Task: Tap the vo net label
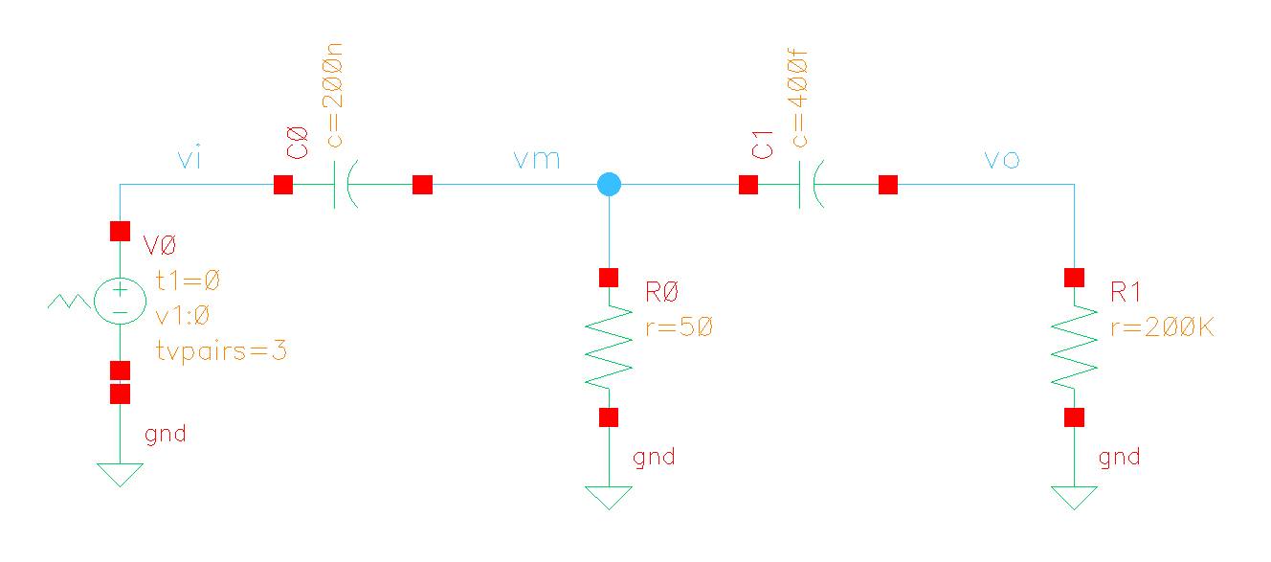pos(1002,159)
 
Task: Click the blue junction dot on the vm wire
pos(608,184)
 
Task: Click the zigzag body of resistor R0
pos(609,347)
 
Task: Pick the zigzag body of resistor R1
pos(1074,347)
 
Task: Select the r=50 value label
pos(679,327)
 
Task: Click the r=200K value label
pos(1162,327)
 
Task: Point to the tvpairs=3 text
pos(221,350)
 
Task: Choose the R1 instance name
pos(1126,293)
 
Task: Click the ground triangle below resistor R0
pos(609,497)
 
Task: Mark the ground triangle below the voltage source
pos(119,474)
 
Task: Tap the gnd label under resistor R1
pos(1120,457)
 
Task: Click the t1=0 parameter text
pos(188,281)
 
